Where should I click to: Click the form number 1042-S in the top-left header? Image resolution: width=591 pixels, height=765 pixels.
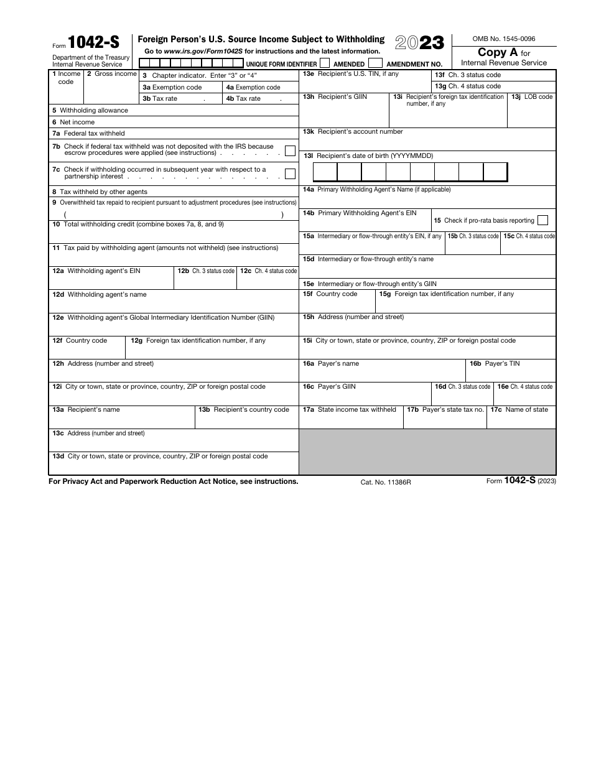tap(93, 42)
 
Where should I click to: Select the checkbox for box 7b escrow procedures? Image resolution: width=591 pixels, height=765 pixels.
tap(290, 150)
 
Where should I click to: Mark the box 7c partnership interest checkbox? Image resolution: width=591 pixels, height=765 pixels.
tap(290, 174)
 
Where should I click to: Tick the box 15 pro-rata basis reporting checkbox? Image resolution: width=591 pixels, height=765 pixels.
tap(542, 220)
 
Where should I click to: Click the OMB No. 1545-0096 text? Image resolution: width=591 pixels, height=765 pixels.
tap(504, 39)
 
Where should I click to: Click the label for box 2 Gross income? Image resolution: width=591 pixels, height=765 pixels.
tap(111, 74)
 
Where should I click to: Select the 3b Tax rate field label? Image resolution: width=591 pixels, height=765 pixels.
tap(160, 99)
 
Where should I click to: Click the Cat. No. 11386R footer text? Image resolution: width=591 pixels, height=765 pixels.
tap(386, 482)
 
